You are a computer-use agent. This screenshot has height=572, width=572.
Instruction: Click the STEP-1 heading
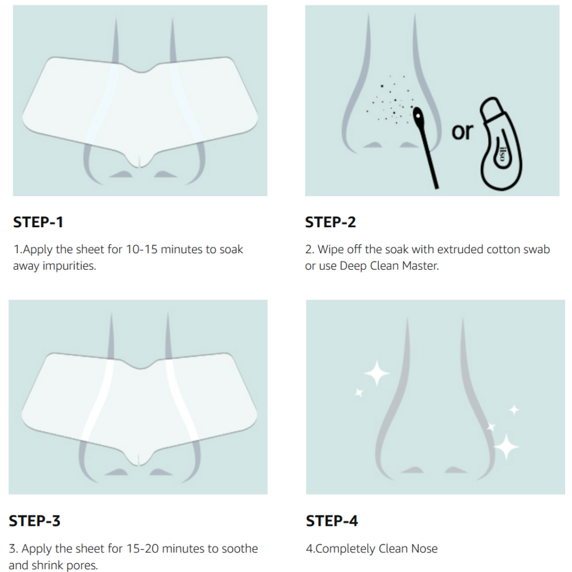click(x=38, y=222)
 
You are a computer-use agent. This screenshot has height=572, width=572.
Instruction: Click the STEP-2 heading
click(x=330, y=222)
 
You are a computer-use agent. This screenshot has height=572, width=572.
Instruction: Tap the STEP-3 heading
click(x=35, y=521)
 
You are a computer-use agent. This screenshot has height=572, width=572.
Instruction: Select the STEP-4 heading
click(x=332, y=521)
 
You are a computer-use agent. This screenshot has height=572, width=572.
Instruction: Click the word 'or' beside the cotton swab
click(x=462, y=132)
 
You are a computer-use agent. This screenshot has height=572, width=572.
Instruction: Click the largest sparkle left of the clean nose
click(x=376, y=374)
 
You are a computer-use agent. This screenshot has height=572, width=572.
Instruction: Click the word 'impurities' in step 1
click(x=70, y=266)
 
